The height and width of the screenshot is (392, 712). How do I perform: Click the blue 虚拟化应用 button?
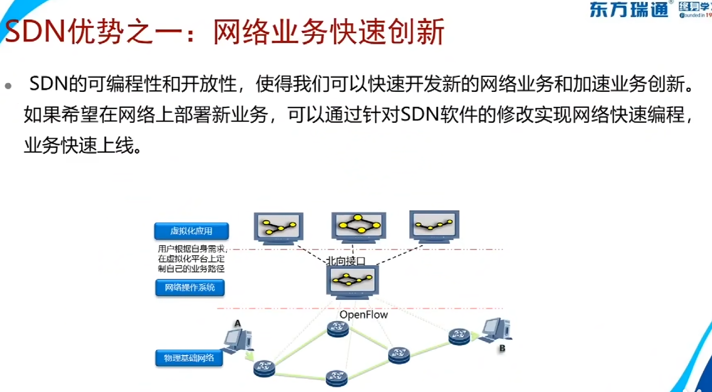[191, 231]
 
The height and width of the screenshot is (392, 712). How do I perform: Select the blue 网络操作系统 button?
[190, 288]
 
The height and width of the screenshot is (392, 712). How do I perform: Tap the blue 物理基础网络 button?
[189, 358]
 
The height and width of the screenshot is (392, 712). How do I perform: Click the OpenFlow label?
[364, 315]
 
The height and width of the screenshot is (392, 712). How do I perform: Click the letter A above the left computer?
[238, 323]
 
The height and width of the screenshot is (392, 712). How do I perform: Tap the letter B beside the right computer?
[502, 348]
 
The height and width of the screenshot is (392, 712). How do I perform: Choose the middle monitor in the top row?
[359, 226]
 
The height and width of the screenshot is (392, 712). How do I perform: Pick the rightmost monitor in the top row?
[434, 225]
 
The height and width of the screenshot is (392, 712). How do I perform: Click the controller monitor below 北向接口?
[353, 282]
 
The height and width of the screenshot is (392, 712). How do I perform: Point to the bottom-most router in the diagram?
[336, 378]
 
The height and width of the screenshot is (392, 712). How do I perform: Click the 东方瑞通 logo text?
[629, 10]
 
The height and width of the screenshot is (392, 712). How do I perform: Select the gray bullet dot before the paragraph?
[8, 87]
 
